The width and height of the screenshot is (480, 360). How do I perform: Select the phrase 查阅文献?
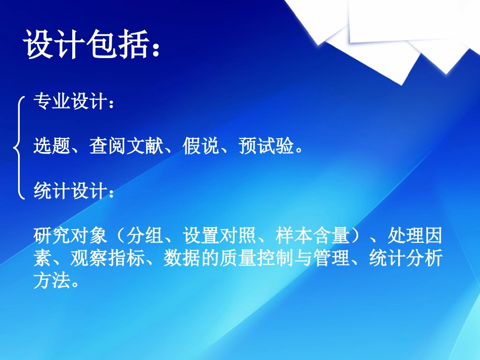coord(126,147)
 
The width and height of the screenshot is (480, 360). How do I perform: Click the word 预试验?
coord(265,147)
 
